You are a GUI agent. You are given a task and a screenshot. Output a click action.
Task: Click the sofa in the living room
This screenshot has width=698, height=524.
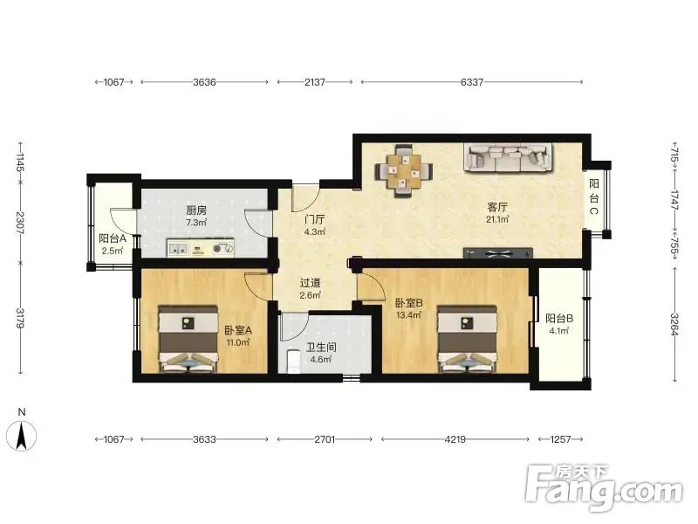point(509,157)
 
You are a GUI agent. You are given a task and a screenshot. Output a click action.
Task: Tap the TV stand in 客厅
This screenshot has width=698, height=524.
point(497,253)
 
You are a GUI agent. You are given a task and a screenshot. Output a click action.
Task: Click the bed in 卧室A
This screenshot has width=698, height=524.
point(188,339)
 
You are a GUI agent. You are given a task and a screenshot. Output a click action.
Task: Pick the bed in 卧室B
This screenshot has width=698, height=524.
point(467,339)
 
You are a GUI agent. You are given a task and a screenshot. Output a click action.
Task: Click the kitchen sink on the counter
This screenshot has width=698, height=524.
point(178,249)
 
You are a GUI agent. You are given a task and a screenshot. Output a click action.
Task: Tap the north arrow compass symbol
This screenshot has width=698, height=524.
point(21,435)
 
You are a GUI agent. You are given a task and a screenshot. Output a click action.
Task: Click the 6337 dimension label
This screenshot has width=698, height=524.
point(472,82)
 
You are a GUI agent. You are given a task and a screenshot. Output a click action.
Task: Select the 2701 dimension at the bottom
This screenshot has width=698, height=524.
point(325,439)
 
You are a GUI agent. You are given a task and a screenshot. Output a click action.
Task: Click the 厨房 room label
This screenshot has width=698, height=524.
point(195,210)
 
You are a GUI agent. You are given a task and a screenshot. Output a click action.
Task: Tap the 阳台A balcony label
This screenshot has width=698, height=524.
point(113,238)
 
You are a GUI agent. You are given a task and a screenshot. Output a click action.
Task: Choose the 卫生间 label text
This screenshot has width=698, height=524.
point(320,348)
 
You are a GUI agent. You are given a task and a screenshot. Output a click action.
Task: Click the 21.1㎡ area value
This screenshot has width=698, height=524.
point(497,219)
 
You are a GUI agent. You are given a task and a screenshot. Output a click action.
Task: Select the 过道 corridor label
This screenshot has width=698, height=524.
point(311,283)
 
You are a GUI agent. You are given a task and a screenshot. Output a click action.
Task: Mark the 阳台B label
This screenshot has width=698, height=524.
point(559,319)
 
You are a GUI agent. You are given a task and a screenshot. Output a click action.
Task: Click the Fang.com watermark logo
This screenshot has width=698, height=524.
point(603,488)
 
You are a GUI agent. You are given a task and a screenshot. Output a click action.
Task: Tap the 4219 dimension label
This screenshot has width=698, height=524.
point(455,439)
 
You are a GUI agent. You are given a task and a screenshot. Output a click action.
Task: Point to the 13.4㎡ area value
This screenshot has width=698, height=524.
point(408,315)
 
